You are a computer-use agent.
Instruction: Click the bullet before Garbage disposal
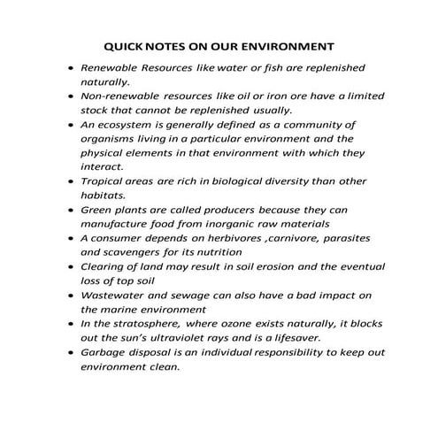click(70, 353)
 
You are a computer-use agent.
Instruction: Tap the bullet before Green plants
click(70, 211)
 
